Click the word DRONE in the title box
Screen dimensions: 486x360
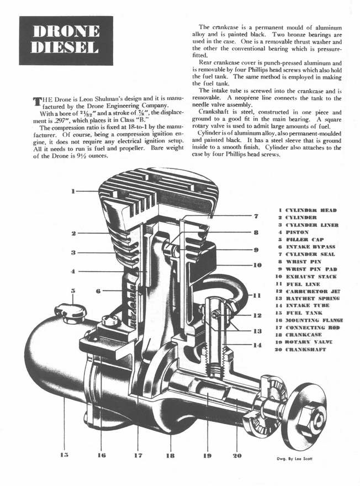pos(66,31)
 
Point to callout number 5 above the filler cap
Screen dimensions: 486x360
pos(73,290)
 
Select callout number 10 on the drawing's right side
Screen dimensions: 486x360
pos(257,265)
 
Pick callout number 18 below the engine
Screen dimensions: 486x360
pos(171,456)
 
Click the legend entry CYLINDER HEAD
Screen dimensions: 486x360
pos(311,210)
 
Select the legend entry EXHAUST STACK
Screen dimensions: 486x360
pos(311,276)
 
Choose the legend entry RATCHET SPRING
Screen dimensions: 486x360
pos(312,298)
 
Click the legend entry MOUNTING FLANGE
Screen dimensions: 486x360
pos(314,320)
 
